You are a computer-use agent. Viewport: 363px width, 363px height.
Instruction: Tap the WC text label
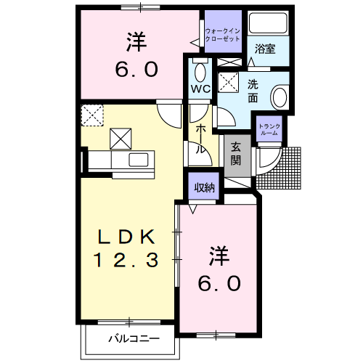click(x=200, y=89)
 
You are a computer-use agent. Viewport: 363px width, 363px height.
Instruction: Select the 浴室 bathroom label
click(x=265, y=49)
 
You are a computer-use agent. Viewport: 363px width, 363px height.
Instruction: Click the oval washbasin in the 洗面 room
click(x=278, y=97)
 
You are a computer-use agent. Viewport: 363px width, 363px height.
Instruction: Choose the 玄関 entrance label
click(x=237, y=154)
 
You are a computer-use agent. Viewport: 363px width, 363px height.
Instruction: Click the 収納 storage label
click(x=205, y=187)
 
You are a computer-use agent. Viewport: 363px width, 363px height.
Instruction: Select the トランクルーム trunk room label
click(x=268, y=129)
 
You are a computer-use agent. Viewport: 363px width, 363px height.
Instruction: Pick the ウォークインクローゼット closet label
click(x=221, y=34)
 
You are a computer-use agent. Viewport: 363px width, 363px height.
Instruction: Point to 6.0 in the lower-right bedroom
click(x=219, y=282)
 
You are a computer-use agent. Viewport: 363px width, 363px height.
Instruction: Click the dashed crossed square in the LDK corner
click(x=92, y=114)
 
